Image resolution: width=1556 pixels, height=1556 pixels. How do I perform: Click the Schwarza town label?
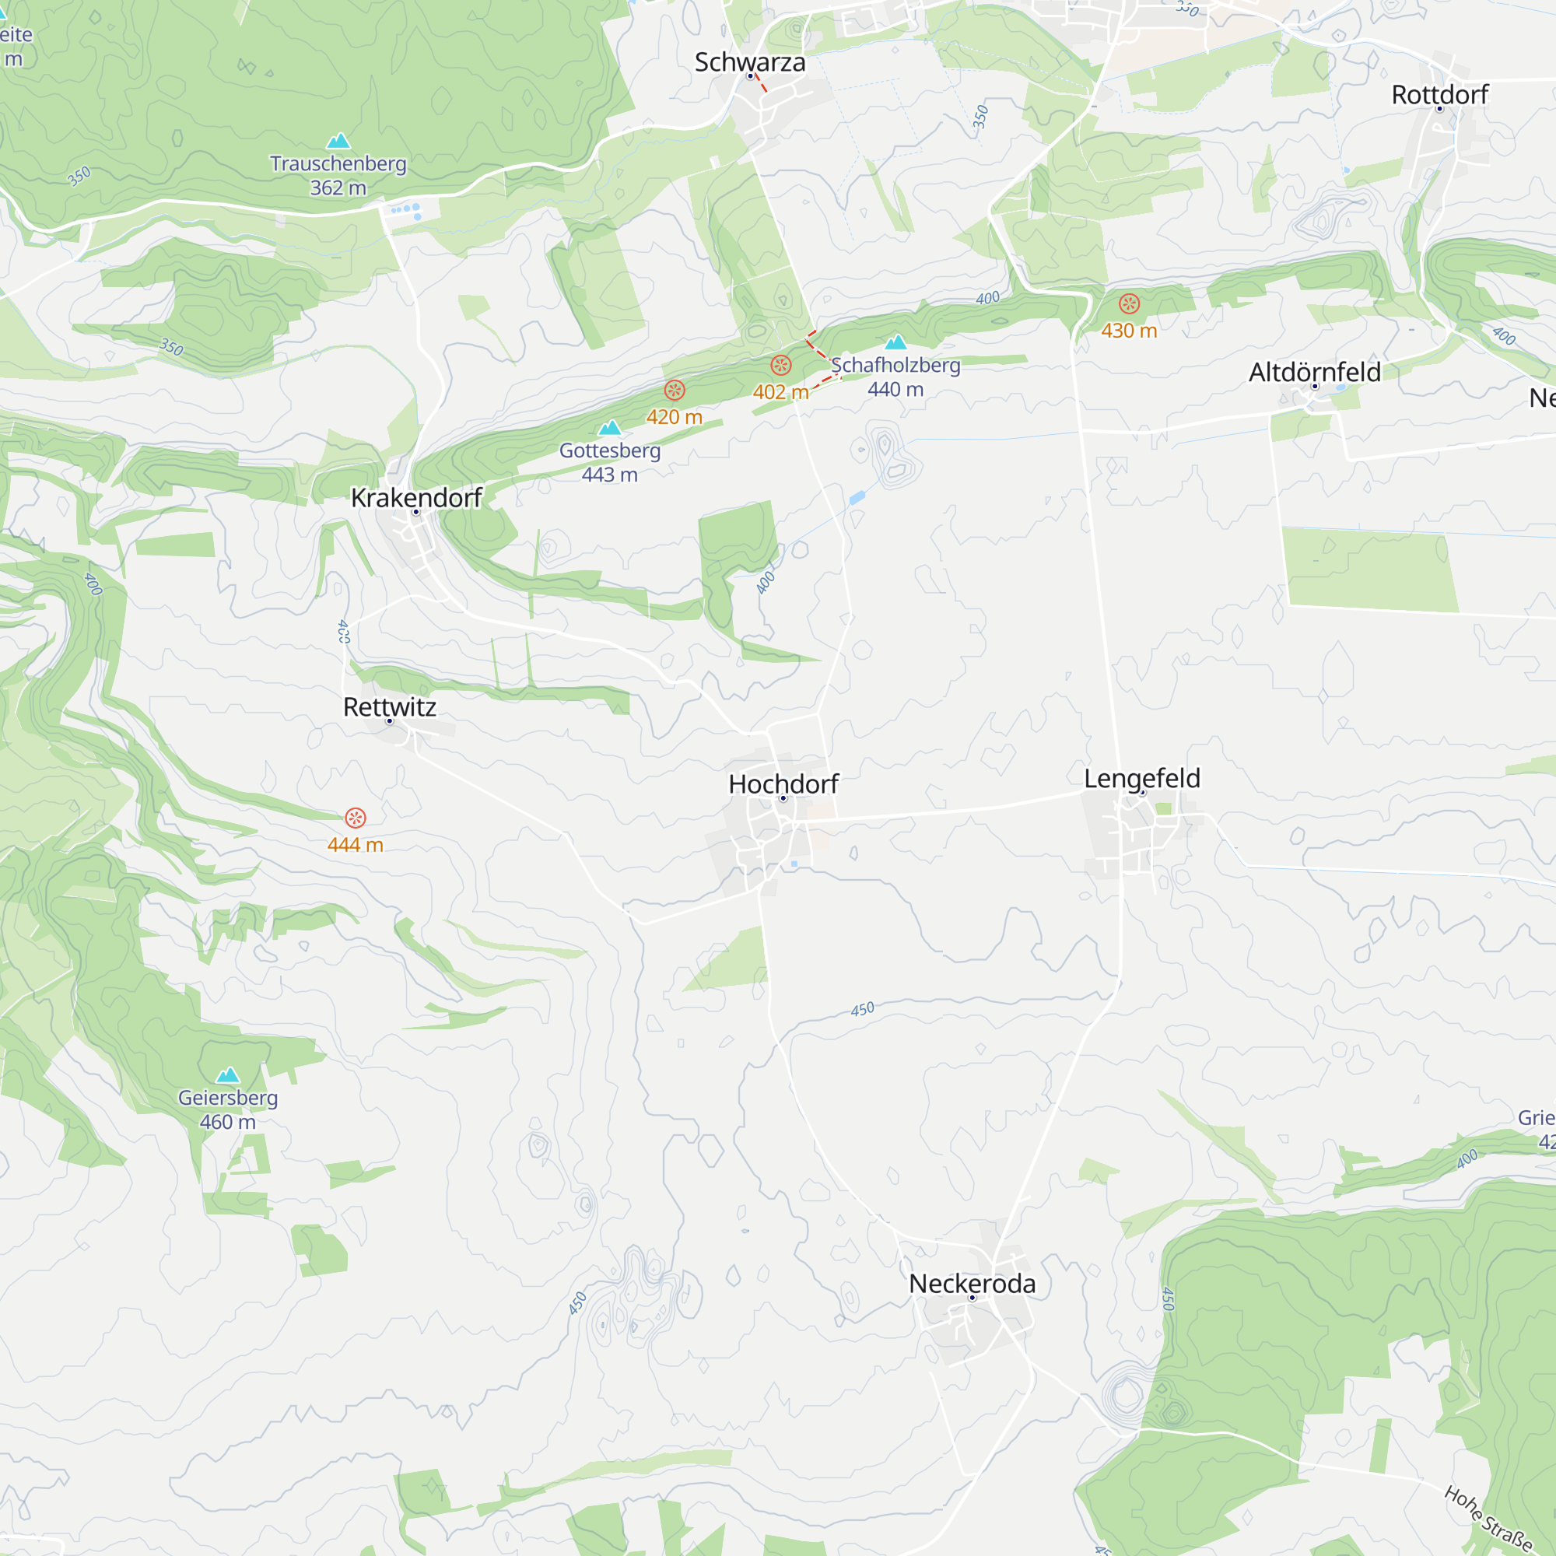[x=750, y=62]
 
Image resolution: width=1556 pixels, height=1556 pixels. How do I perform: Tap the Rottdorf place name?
[x=1440, y=94]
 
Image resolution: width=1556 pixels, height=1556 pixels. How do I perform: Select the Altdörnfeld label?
[x=1314, y=372]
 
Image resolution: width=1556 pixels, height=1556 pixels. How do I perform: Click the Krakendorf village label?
[x=416, y=498]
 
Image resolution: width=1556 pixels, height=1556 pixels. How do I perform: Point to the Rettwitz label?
[x=390, y=706]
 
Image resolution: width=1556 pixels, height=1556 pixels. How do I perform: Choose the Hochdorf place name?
[x=783, y=783]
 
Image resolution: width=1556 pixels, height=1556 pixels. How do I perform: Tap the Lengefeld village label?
[x=1142, y=778]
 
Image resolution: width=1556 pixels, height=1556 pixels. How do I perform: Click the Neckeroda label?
[x=972, y=1284]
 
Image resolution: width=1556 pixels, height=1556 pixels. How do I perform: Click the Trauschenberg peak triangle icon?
[x=338, y=142]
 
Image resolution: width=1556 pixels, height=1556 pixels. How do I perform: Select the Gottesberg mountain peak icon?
[x=610, y=428]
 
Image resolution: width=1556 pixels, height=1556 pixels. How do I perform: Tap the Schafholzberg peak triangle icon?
[x=895, y=342]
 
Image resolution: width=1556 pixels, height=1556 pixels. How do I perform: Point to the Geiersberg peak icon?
[x=228, y=1075]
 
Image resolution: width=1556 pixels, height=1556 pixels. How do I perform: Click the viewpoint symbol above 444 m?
[x=356, y=818]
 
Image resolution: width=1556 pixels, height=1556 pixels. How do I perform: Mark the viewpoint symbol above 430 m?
[x=1129, y=303]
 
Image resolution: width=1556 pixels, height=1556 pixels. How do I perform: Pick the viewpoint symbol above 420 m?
[x=675, y=391]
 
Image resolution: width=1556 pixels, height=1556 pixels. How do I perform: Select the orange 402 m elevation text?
[x=780, y=392]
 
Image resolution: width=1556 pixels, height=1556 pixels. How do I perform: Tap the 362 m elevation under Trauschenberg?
[x=338, y=187]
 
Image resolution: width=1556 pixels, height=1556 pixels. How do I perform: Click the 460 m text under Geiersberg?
[x=228, y=1122]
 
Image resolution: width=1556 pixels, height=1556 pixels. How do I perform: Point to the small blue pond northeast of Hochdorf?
[x=857, y=498]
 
